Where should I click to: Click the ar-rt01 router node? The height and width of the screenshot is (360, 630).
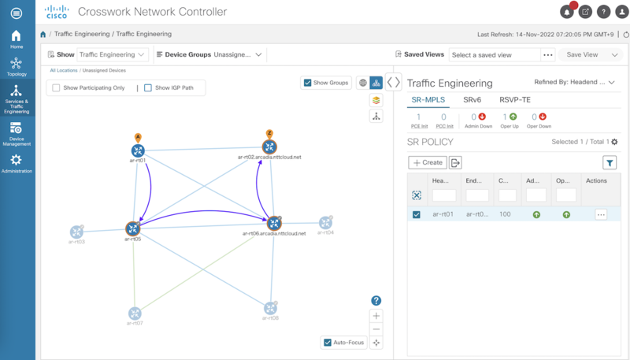(x=138, y=150)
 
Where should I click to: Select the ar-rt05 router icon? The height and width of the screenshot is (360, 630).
(x=132, y=228)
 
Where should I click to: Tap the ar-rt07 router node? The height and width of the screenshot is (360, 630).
(x=135, y=313)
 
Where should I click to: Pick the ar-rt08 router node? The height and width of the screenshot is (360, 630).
(x=270, y=308)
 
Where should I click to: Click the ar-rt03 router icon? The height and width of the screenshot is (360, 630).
(x=76, y=232)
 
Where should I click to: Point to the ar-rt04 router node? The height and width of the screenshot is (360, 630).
(x=324, y=223)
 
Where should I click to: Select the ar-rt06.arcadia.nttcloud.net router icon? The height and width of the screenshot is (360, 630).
(x=273, y=224)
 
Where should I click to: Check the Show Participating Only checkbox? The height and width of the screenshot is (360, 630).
(x=56, y=88)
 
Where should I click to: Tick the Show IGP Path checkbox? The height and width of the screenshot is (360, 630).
(x=148, y=88)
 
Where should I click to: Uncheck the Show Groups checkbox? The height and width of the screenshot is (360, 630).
(x=307, y=83)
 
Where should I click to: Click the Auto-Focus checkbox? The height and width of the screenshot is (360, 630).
(x=328, y=343)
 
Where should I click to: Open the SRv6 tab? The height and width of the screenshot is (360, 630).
(x=472, y=100)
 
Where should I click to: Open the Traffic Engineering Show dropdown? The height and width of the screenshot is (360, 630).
(x=112, y=55)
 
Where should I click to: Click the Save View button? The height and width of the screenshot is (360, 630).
(x=588, y=55)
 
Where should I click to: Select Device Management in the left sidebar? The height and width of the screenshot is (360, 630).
(x=16, y=134)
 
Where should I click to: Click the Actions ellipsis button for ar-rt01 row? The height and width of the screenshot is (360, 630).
(x=601, y=214)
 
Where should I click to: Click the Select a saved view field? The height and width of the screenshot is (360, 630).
(x=494, y=55)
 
